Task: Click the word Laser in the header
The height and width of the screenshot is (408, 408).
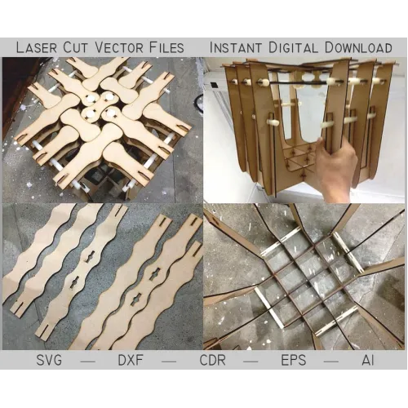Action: tap(37, 47)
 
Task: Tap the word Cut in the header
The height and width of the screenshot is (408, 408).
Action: tap(76, 47)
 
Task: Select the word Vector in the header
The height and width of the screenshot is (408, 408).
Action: tap(119, 47)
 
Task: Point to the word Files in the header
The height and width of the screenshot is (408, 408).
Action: tap(166, 47)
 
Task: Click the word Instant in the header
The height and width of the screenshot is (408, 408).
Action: tap(236, 47)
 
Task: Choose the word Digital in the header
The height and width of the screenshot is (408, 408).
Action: tap(293, 47)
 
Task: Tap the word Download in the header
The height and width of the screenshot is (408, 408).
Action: tap(358, 47)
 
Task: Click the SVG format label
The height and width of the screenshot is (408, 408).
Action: tap(49, 361)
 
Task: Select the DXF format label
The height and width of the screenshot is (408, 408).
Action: tap(131, 361)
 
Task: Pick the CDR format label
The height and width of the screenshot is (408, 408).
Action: tap(212, 361)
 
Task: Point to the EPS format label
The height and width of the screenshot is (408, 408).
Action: tap(294, 361)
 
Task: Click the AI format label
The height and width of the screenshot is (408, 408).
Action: tap(368, 361)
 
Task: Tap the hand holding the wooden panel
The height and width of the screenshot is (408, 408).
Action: tap(337, 169)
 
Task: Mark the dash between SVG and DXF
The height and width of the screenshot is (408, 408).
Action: tap(88, 361)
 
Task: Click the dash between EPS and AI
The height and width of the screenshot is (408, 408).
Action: tap(331, 361)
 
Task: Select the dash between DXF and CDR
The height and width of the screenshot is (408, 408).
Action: tap(169, 361)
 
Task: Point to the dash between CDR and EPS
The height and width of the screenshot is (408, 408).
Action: tap(251, 361)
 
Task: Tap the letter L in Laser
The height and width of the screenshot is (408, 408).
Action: tap(20, 47)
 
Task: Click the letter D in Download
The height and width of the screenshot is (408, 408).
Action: tap(330, 47)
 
